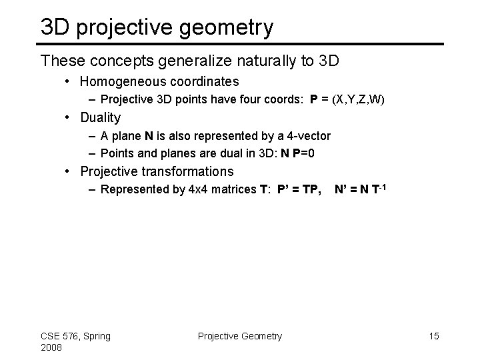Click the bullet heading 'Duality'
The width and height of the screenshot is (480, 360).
click(x=100, y=118)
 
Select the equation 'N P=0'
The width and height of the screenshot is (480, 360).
click(x=299, y=153)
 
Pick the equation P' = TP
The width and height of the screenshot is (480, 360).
click(x=301, y=189)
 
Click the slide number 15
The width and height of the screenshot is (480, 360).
click(x=433, y=336)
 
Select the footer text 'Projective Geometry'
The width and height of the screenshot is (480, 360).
click(x=240, y=336)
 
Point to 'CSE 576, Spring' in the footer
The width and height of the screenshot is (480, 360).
click(x=76, y=336)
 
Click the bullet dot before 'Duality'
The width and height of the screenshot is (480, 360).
click(x=70, y=119)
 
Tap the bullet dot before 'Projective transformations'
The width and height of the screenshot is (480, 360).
click(x=70, y=172)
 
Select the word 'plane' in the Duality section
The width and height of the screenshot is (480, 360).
click(x=126, y=136)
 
